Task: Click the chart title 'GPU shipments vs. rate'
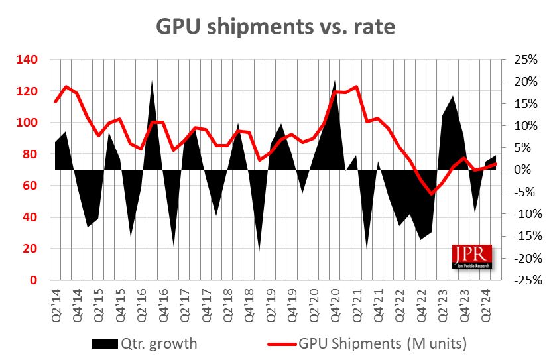[275, 26]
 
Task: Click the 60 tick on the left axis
[31, 186]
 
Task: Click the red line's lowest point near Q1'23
[432, 194]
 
